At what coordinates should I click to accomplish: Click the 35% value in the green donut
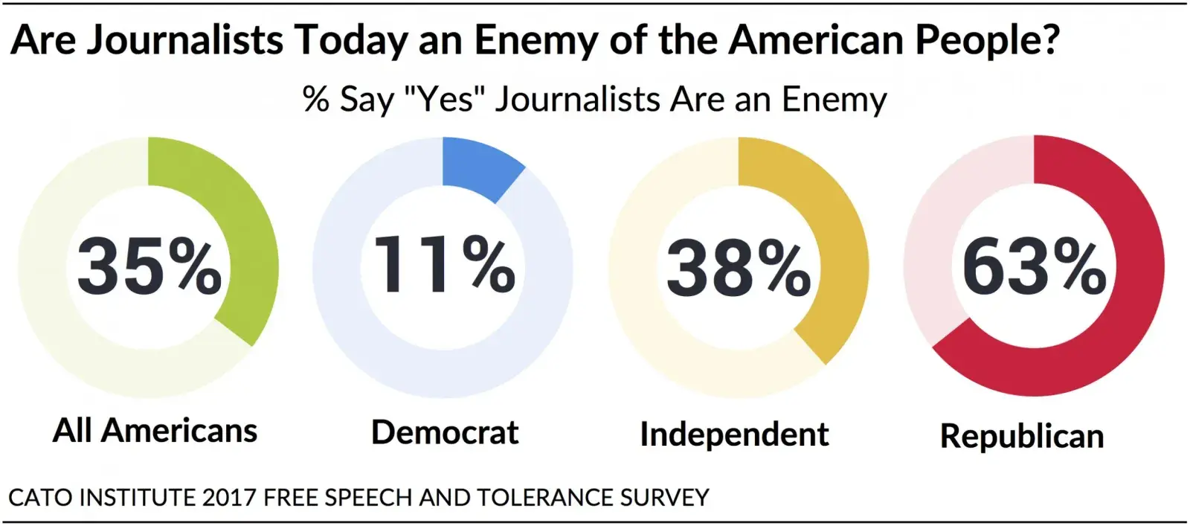tap(149, 266)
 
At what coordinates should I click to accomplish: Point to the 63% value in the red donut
tap(1034, 266)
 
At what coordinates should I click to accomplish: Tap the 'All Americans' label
tap(155, 431)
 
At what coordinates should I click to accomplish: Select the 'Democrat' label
tap(445, 432)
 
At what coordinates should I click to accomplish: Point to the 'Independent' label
tap(734, 435)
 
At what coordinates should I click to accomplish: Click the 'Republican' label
tap(1022, 436)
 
